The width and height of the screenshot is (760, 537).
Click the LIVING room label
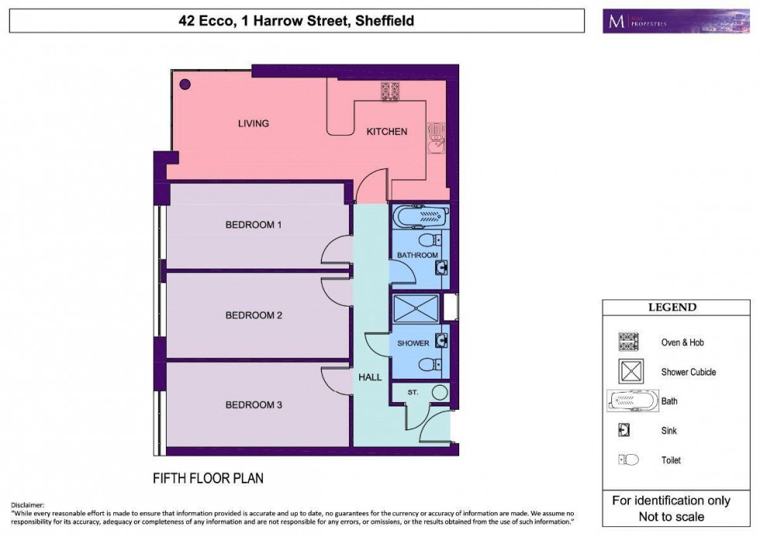253,123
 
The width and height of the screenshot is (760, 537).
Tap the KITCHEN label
386,132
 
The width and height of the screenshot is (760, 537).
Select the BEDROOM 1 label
254,225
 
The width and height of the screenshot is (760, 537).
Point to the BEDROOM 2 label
254,315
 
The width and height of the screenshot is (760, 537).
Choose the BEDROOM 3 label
254,404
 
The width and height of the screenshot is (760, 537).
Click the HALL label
370,377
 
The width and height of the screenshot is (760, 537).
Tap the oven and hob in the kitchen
390,91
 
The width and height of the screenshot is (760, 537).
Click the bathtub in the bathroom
417,215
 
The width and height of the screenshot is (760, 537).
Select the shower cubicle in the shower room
416,308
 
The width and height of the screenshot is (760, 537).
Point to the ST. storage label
413,393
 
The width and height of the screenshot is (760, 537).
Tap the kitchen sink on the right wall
437,137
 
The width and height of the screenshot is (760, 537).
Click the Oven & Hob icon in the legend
627,342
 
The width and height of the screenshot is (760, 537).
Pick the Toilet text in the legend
672,460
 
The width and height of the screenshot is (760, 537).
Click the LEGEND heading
672,307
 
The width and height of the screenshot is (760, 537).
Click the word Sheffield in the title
384,21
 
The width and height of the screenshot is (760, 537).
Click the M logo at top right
617,21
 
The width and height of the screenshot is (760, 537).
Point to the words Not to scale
672,516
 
